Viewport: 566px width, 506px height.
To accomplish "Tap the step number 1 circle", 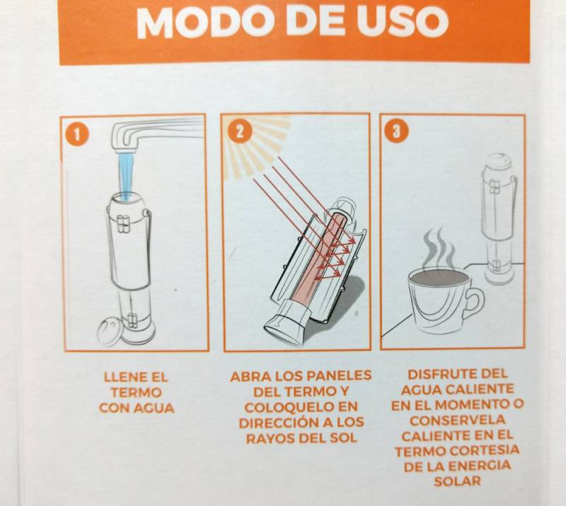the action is point(76,134).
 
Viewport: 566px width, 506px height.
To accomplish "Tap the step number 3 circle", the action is point(396,131).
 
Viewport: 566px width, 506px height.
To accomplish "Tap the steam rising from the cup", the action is point(439,248).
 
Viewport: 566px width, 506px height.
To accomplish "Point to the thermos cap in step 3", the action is point(499,161).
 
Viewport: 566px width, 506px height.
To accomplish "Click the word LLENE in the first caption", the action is point(119,377).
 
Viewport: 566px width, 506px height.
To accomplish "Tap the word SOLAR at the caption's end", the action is point(457,481).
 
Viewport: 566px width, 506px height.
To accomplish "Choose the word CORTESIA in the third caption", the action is point(485,450).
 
